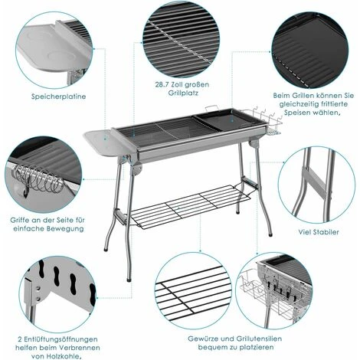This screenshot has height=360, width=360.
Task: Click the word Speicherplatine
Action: pos(57,97)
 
